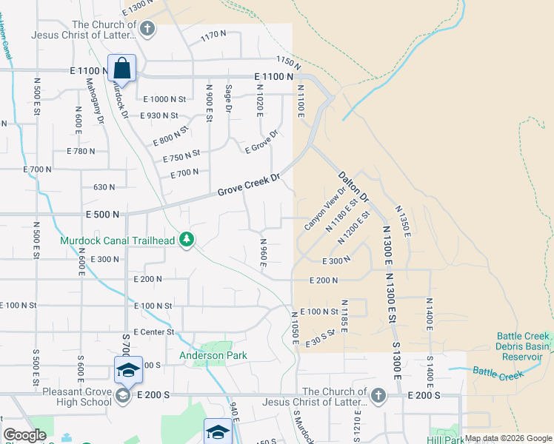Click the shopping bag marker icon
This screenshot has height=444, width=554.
click(122, 68)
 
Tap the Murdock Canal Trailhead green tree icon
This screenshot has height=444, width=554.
click(188, 240)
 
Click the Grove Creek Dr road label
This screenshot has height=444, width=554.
click(249, 185)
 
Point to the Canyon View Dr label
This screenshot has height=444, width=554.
click(325, 206)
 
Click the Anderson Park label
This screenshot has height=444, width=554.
click(211, 355)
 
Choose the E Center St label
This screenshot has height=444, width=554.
click(153, 332)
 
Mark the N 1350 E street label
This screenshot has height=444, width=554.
click(403, 221)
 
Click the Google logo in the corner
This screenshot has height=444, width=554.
click(24, 435)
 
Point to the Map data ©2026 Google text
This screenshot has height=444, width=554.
click(508, 438)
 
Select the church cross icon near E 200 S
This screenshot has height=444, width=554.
click(378, 395)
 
